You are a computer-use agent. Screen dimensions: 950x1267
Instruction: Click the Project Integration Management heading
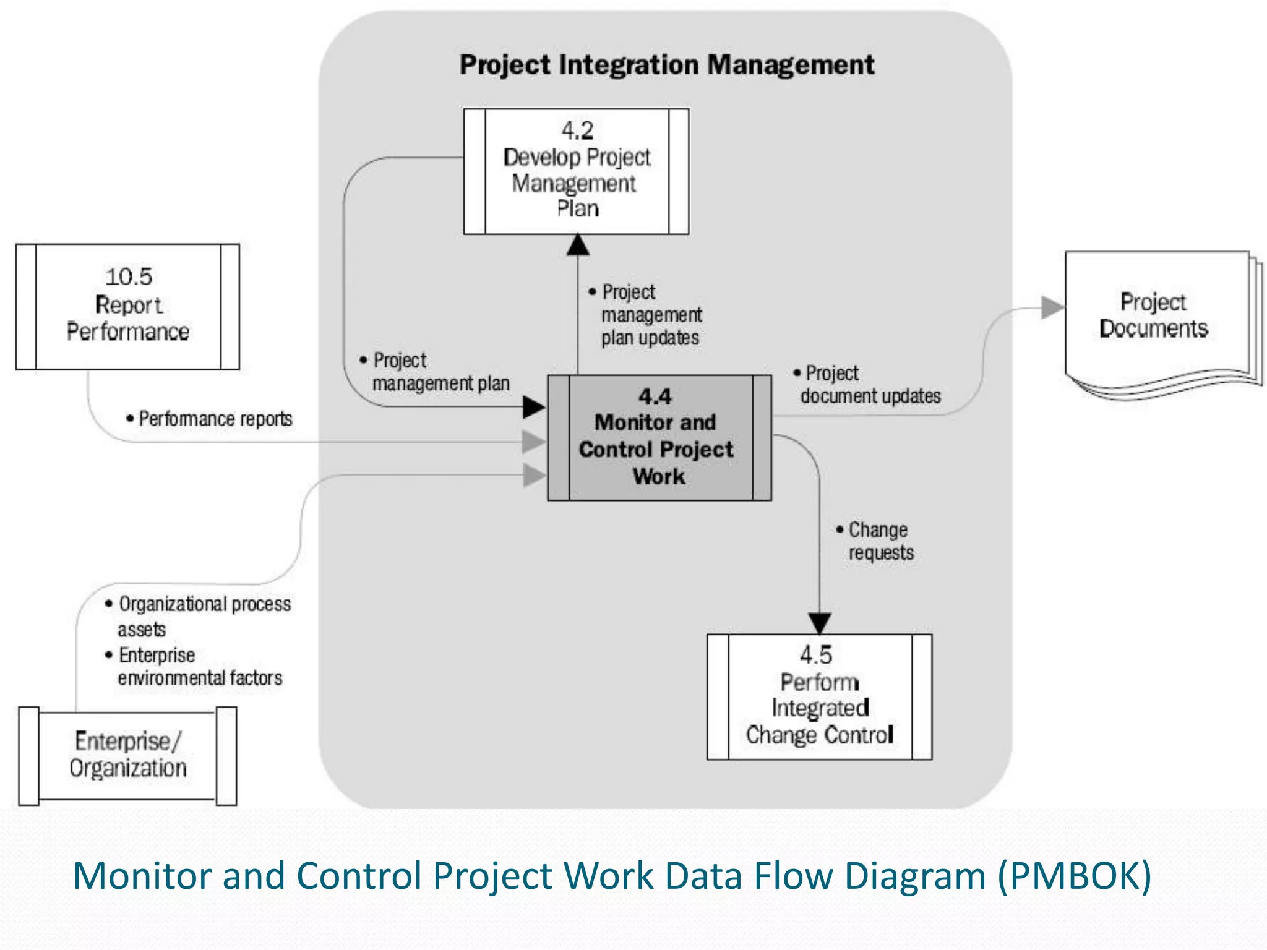[666, 65]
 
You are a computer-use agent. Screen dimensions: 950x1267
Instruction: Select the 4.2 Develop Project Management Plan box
[577, 171]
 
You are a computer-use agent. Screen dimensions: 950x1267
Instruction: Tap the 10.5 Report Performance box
[127, 307]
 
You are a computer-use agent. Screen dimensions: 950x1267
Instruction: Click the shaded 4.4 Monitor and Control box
[659, 438]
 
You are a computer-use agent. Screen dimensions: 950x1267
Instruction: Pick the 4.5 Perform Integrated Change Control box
[819, 697]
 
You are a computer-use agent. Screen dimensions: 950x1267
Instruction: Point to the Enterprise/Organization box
[127, 756]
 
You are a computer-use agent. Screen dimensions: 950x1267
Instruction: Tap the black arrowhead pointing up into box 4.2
[578, 245]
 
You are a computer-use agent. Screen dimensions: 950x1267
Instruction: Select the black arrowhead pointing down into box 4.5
[820, 623]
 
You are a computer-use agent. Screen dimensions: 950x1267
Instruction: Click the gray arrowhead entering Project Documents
[1052, 307]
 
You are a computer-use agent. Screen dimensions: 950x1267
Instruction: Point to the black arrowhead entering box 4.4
[533, 407]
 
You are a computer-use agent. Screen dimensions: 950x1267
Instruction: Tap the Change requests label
[878, 541]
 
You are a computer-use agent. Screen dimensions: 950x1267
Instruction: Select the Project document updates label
[869, 385]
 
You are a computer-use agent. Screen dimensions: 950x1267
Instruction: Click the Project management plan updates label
[650, 315]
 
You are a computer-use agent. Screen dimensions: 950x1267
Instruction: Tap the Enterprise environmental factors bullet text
[198, 666]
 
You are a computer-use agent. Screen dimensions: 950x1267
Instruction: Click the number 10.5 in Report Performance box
[129, 276]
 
